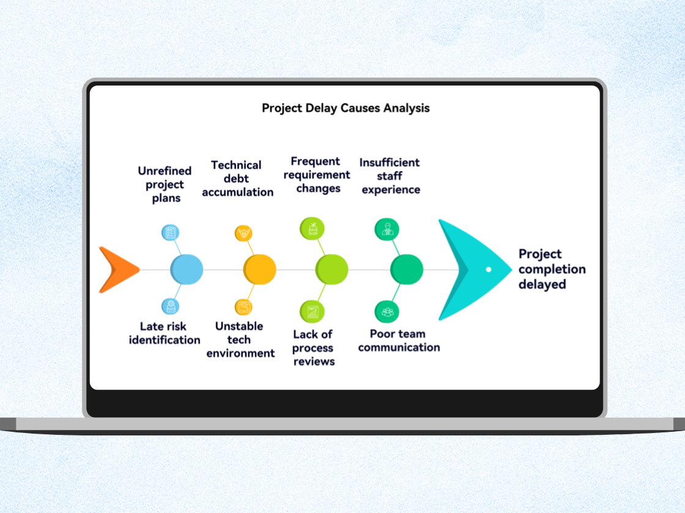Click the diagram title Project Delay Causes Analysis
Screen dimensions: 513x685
pyautogui.click(x=346, y=108)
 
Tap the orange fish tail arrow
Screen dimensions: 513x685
pyautogui.click(x=116, y=269)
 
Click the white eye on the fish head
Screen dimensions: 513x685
pyautogui.click(x=489, y=269)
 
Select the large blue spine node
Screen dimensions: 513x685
pyautogui.click(x=187, y=269)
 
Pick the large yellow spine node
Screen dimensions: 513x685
pyautogui.click(x=260, y=269)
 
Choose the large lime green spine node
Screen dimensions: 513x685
pyautogui.click(x=331, y=269)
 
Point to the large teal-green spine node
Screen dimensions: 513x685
pyautogui.click(x=407, y=269)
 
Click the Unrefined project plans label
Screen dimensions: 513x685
pyautogui.click(x=165, y=184)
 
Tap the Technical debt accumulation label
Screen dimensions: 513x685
pyautogui.click(x=237, y=178)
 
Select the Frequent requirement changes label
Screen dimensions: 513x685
pyautogui.click(x=317, y=175)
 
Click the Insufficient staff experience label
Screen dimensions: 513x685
pyautogui.click(x=390, y=176)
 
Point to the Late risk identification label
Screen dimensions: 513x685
pyautogui.click(x=165, y=333)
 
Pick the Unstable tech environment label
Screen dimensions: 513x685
pyautogui.click(x=240, y=340)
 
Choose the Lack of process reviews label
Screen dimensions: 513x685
pyautogui.click(x=313, y=347)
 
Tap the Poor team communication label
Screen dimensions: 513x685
pyautogui.click(x=399, y=340)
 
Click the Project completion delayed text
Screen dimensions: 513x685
pyautogui.click(x=552, y=269)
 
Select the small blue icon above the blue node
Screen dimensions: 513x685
pyautogui.click(x=170, y=232)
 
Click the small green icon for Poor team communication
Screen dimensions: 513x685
pyautogui.click(x=387, y=312)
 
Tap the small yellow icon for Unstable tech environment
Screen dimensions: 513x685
pyautogui.click(x=243, y=307)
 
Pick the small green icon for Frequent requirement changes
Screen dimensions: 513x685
pyautogui.click(x=312, y=229)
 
